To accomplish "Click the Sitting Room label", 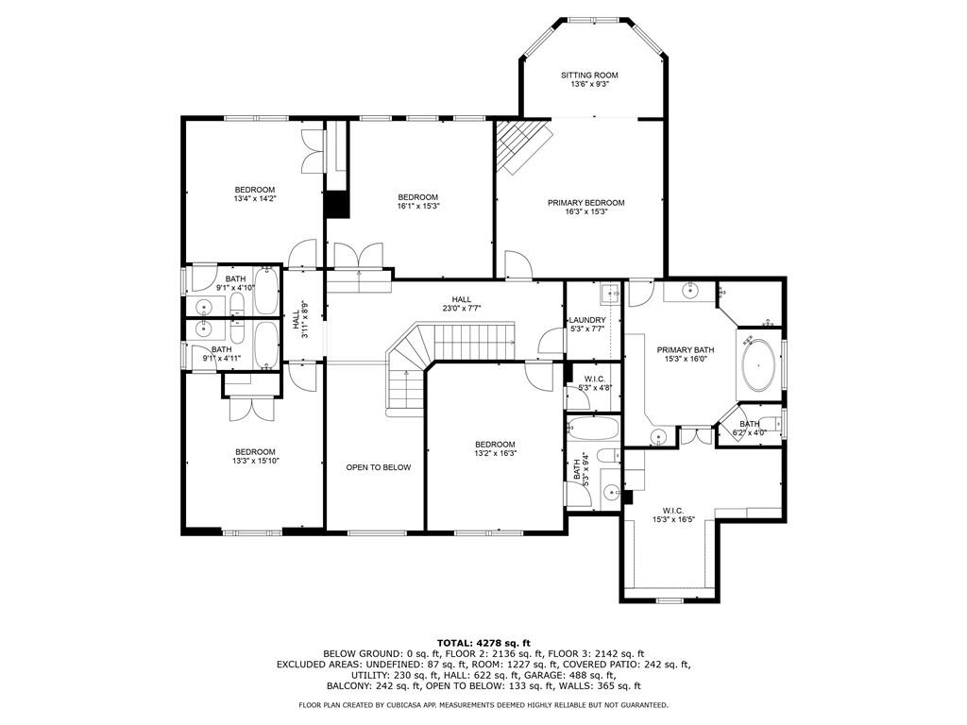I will click(588, 79).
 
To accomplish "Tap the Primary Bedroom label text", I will click(585, 207).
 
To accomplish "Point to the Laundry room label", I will click(586, 324).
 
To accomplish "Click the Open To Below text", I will click(378, 467).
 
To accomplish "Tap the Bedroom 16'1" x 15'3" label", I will click(417, 201).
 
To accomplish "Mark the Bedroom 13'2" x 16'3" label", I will click(495, 448).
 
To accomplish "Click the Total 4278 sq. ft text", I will click(483, 643).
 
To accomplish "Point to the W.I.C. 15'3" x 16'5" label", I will click(667, 514).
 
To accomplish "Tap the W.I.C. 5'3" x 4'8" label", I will click(594, 383).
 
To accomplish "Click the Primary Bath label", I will click(686, 354).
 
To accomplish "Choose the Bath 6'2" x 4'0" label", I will click(749, 429).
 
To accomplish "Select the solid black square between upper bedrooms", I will click(336, 205).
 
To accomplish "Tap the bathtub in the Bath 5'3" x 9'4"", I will click(593, 429).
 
